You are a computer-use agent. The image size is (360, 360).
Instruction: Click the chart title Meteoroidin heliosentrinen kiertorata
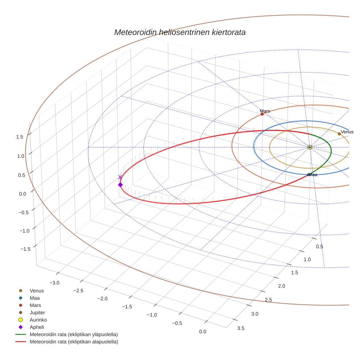tap(180, 32)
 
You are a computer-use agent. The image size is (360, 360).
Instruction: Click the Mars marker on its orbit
tap(262, 114)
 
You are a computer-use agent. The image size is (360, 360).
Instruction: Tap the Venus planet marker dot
tap(339, 134)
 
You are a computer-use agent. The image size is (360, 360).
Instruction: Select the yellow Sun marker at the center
tap(310, 147)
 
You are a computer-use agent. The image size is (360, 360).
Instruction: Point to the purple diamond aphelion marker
tap(120, 185)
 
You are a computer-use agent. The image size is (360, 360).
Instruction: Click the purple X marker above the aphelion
tap(120, 177)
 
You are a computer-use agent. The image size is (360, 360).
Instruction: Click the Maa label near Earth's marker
tap(313, 175)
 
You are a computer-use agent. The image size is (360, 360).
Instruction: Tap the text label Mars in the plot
tap(265, 110)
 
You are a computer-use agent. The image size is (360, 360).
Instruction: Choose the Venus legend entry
tap(37, 291)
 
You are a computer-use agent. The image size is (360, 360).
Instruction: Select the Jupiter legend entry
tap(37, 313)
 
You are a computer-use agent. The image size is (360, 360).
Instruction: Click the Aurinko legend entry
tap(38, 320)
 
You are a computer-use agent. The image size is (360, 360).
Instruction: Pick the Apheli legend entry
tap(37, 327)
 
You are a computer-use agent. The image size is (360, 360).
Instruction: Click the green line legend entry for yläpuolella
tap(73, 335)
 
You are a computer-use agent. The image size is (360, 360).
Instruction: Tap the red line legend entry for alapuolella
tap(73, 342)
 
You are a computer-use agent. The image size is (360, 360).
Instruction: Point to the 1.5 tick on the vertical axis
tap(20, 137)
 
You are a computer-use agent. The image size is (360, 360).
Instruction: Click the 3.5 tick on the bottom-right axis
tap(241, 328)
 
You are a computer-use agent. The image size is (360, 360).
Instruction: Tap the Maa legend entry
tap(35, 298)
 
